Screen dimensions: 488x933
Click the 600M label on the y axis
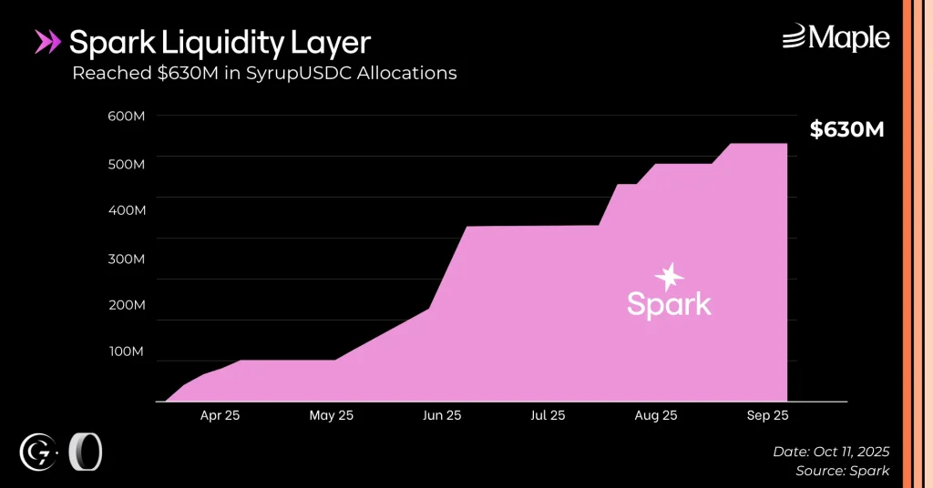[x=128, y=116]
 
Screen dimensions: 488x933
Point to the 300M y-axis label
[x=128, y=259]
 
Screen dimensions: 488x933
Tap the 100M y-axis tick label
[x=128, y=351]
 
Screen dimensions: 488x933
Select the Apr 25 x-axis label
[x=220, y=415]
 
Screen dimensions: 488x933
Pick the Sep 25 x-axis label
[x=768, y=415]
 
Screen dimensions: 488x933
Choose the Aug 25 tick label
[x=656, y=415]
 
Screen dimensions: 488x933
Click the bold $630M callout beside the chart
[x=847, y=130]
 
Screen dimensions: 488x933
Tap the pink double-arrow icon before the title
[x=47, y=42]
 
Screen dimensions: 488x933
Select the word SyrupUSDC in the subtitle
[x=300, y=73]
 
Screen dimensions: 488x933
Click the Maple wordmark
[x=836, y=37]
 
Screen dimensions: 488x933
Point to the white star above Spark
[x=670, y=277]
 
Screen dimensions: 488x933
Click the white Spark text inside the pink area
[x=669, y=303]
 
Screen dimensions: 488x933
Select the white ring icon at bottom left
[x=86, y=452]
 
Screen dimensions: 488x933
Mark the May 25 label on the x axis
[x=331, y=415]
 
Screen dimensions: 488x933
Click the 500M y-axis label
[x=128, y=164]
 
